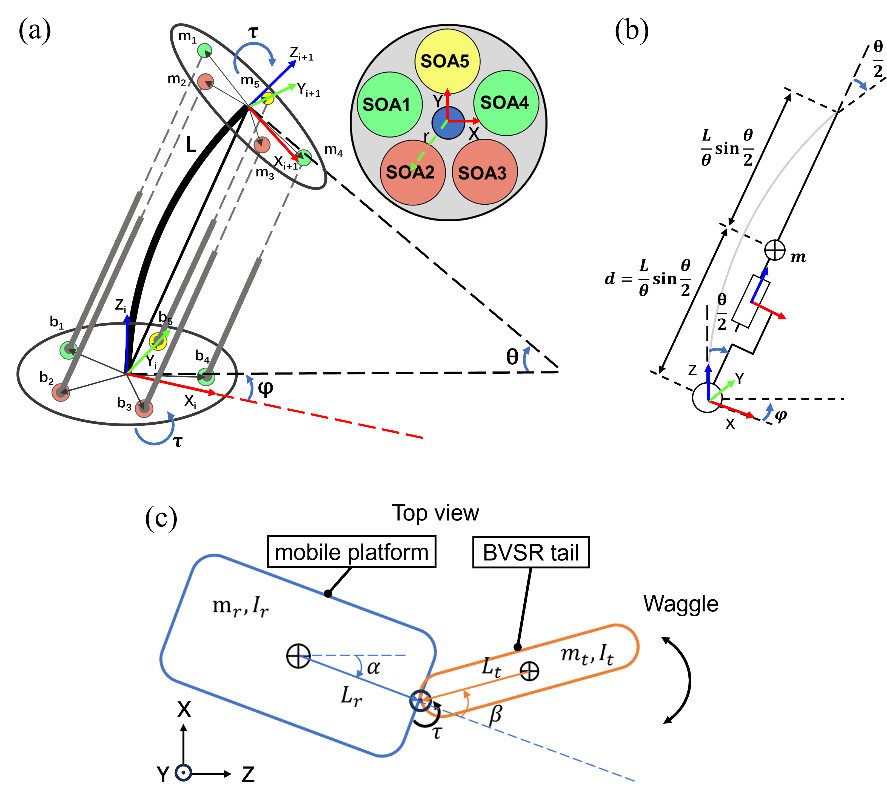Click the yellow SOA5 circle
(447, 61)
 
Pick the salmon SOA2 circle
(412, 172)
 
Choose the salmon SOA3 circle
(484, 172)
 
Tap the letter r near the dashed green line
(426, 136)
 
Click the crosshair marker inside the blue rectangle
(298, 656)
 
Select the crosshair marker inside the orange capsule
(529, 671)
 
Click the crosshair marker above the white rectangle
(775, 250)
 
